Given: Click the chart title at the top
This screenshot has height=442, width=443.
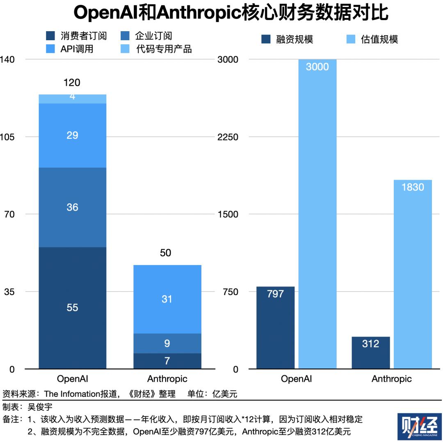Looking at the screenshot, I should pyautogui.click(x=231, y=13).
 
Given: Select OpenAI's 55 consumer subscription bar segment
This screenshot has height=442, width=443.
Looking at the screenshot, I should pyautogui.click(x=72, y=308).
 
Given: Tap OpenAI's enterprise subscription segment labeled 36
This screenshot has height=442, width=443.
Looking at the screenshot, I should pyautogui.click(x=72, y=207).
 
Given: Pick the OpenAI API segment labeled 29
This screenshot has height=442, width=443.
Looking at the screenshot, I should pyautogui.click(x=72, y=135).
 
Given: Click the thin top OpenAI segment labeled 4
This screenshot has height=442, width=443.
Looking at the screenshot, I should pyautogui.click(x=72, y=98).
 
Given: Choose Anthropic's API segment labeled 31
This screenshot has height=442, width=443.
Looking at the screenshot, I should pyautogui.click(x=167, y=299).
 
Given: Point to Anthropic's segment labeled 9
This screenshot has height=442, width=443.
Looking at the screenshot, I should pyautogui.click(x=167, y=343).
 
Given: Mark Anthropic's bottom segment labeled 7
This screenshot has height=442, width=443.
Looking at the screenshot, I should pyautogui.click(x=167, y=361).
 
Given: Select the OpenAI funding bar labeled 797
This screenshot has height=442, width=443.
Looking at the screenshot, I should pyautogui.click(x=275, y=328).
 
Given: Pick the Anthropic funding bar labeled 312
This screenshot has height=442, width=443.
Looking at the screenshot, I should pyautogui.click(x=370, y=353).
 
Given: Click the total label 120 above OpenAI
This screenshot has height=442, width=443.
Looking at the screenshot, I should pyautogui.click(x=72, y=83).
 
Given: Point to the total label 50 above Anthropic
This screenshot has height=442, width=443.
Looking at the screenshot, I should pyautogui.click(x=165, y=253).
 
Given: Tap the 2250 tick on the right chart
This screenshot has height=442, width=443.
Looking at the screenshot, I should pyautogui.click(x=228, y=137).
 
